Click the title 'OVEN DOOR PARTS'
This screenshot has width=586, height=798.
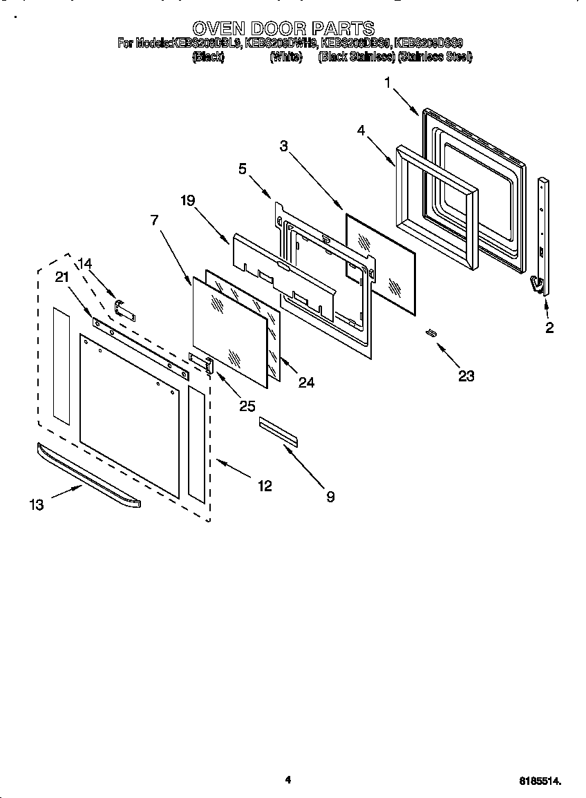tap(283, 28)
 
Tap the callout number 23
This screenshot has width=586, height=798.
tap(466, 375)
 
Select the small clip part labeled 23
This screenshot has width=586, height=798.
tap(431, 333)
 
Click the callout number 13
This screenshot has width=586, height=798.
tap(37, 505)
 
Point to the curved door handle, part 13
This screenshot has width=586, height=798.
tap(90, 476)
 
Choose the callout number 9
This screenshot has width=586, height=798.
tap(330, 496)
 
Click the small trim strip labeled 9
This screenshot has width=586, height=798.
tap(278, 432)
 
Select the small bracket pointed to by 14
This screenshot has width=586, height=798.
tap(124, 310)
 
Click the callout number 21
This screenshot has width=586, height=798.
tap(62, 277)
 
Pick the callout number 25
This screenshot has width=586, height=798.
tap(247, 406)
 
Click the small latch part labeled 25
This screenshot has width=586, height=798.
tap(201, 362)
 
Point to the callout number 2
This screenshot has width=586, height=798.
tap(549, 328)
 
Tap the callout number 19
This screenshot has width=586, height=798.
tap(187, 200)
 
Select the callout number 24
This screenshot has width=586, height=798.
tap(306, 382)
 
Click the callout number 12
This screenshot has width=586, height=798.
tap(264, 486)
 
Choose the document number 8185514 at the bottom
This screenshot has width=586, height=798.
tap(540, 781)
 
